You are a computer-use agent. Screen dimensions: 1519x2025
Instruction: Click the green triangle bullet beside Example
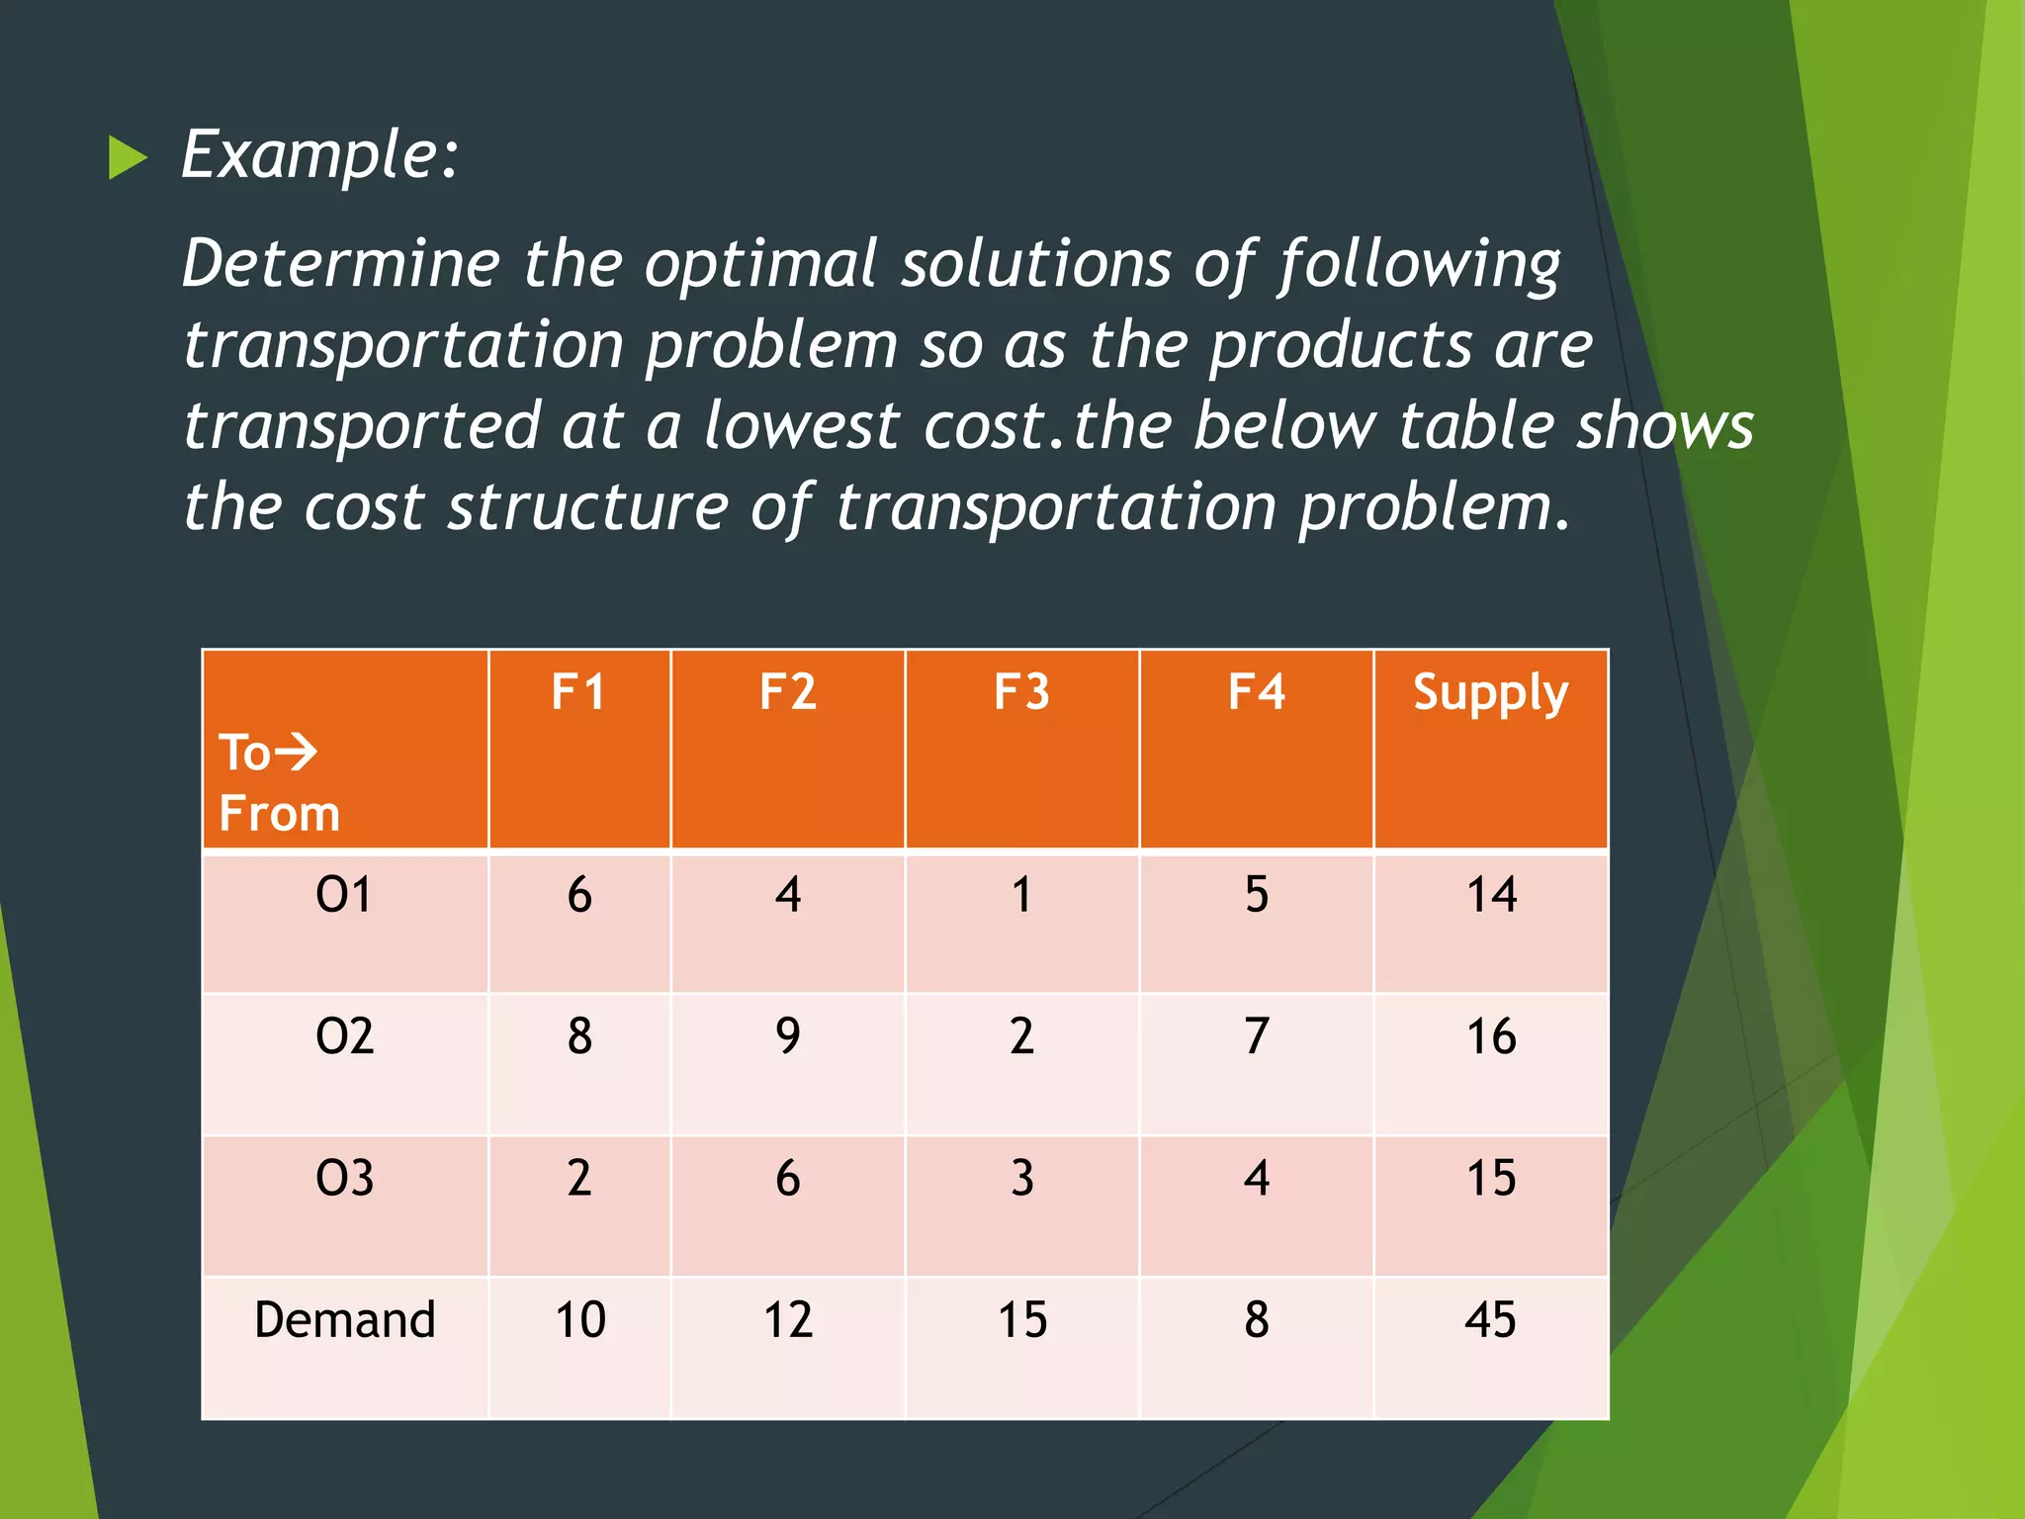click(127, 157)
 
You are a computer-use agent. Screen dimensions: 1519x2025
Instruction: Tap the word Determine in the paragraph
click(341, 265)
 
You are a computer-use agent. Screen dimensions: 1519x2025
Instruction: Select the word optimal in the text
click(760, 265)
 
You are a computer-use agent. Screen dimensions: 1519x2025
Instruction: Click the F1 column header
click(578, 691)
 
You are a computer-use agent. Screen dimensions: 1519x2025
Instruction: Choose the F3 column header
click(1021, 691)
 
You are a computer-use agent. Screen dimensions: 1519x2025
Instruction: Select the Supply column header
click(1490, 693)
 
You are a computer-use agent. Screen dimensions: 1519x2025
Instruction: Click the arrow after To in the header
click(296, 753)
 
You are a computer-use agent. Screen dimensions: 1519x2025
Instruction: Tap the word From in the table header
click(279, 814)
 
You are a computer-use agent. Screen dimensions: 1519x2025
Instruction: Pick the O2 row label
click(344, 1036)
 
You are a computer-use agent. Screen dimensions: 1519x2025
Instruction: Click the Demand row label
click(344, 1319)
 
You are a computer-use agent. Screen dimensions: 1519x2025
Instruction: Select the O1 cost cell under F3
click(1021, 895)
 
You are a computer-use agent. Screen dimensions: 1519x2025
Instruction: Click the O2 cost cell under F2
click(787, 1036)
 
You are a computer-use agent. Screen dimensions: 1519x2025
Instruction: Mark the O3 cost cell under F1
click(578, 1178)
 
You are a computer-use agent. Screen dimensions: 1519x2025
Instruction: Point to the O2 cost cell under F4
click(1256, 1036)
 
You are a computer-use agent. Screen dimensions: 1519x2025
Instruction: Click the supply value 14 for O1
click(1490, 895)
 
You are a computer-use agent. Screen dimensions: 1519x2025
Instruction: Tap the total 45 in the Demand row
click(1490, 1319)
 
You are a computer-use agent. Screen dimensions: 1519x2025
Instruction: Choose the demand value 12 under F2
click(787, 1319)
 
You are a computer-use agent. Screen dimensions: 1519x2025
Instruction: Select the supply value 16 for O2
click(1490, 1036)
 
